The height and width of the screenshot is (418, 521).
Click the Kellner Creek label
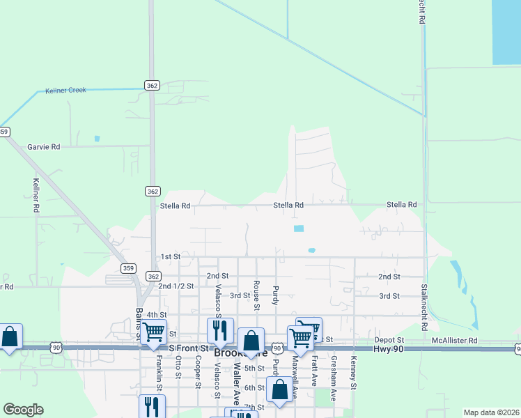click(x=65, y=91)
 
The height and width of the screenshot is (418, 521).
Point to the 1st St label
click(x=171, y=256)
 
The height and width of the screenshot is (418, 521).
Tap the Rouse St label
click(x=257, y=295)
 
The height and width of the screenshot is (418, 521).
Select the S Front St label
click(x=189, y=348)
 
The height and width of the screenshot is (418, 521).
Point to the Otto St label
click(x=179, y=368)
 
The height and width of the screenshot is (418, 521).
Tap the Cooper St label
click(x=199, y=368)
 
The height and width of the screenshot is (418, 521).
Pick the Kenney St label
click(x=354, y=373)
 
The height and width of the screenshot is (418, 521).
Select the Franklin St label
click(x=160, y=373)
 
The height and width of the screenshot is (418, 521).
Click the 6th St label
click(x=255, y=387)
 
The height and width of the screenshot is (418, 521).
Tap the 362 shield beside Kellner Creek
click(x=153, y=85)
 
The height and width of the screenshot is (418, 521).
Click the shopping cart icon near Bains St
click(x=154, y=332)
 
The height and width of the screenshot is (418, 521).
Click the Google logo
click(x=23, y=410)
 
